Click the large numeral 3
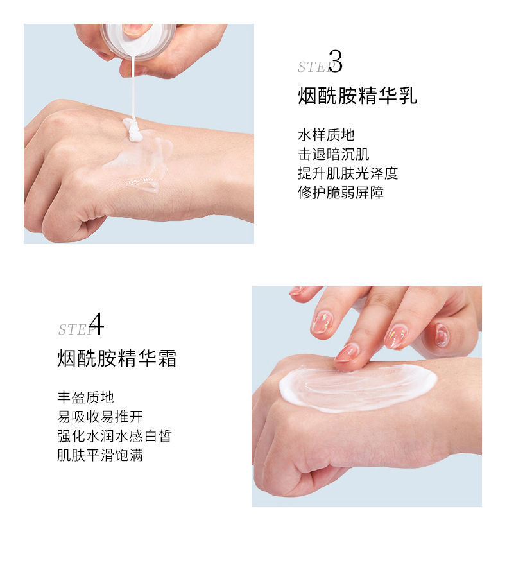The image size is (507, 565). (335, 62)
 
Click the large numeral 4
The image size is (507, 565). (96, 324)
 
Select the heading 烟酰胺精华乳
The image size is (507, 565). (357, 96)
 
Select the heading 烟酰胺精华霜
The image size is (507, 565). (117, 358)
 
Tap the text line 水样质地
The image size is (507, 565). (326, 135)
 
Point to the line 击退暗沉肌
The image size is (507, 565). (334, 154)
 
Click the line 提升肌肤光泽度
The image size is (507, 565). (348, 173)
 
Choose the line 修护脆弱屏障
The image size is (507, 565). (341, 193)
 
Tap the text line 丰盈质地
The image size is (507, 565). (86, 397)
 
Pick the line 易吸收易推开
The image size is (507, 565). (100, 417)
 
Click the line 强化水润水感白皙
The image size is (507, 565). (114, 436)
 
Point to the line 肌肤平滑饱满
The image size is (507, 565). (100, 455)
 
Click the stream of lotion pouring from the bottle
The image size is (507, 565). (133, 90)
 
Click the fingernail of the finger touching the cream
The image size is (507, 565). (345, 352)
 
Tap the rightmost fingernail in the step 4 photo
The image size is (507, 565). (442, 335)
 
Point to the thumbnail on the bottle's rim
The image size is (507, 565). (136, 30)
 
